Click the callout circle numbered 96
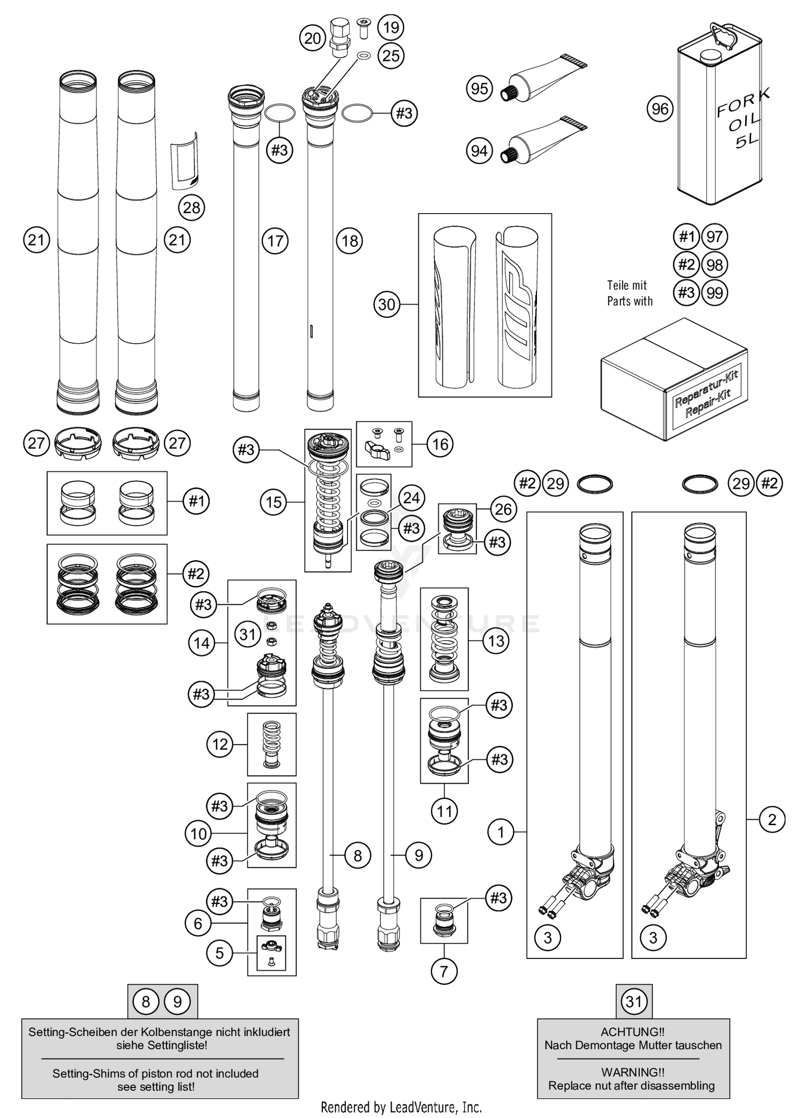coord(660,109)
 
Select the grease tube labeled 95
coord(543,78)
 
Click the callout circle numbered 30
coord(387,305)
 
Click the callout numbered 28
coord(192,207)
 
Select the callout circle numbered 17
coord(275,241)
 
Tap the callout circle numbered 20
coord(313,38)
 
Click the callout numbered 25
coord(391,55)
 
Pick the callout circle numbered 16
coord(440,444)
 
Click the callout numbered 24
coord(411,498)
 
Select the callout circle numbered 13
coord(496,640)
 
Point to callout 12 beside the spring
coord(220,744)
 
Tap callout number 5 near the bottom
coord(219,953)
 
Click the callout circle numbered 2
coord(771,819)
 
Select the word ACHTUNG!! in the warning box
coord(632,1031)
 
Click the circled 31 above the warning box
coord(634,1001)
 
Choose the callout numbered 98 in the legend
coord(715,265)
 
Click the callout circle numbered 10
coord(198,833)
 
